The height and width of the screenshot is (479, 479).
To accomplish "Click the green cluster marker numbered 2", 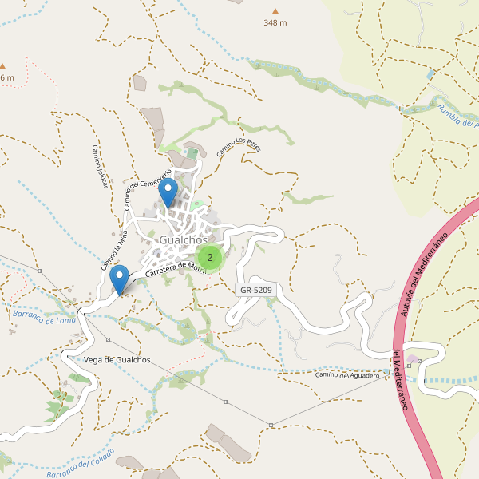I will click(x=209, y=257).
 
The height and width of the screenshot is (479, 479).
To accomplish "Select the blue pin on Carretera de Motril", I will click(x=120, y=279).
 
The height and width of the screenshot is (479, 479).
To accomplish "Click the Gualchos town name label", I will click(x=183, y=239).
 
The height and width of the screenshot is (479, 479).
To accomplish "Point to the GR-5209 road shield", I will click(x=255, y=290).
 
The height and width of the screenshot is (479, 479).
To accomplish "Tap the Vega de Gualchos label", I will click(x=117, y=360).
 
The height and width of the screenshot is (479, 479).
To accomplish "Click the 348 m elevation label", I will click(x=275, y=22).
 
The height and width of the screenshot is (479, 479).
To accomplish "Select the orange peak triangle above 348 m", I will click(x=275, y=10).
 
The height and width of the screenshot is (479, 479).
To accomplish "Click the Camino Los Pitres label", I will click(x=239, y=146).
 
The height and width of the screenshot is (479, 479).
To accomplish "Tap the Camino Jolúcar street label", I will click(x=99, y=166).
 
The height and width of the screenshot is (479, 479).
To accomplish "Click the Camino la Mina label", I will click(x=114, y=248).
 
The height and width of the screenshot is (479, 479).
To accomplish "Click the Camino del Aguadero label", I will click(x=346, y=375).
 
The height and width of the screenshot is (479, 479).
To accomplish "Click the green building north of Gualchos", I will click(x=192, y=153).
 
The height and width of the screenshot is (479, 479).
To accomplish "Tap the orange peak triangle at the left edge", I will click(x=2, y=65).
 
